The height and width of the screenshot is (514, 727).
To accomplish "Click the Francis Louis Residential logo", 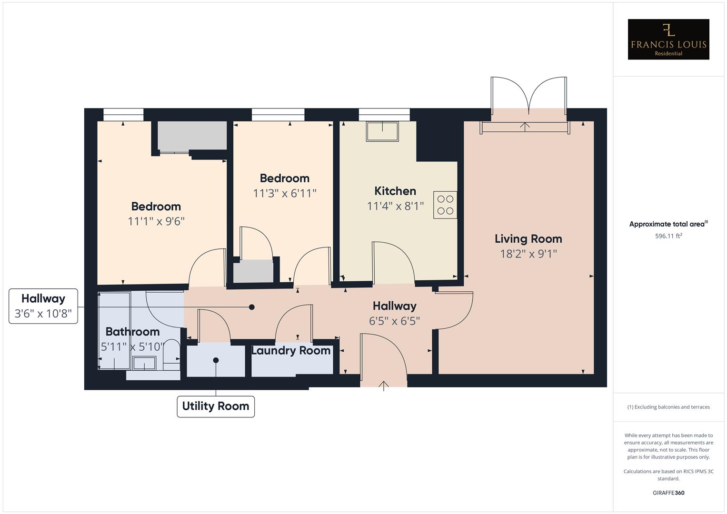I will click(668, 40).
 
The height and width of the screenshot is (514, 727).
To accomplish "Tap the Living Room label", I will click(528, 239).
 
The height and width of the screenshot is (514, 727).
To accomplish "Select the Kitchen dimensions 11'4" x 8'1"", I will click(395, 206).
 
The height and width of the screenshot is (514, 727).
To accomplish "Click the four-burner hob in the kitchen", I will click(445, 205).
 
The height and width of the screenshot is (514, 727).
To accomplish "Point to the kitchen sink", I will click(382, 131).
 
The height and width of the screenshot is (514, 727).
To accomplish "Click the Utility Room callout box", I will click(216, 406).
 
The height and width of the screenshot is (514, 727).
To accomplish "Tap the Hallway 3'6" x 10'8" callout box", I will click(43, 306).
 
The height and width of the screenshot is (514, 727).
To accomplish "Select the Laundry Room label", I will click(291, 351).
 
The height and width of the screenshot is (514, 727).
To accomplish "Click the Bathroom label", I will click(132, 332).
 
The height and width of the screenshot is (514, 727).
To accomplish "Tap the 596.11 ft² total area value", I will click(668, 236).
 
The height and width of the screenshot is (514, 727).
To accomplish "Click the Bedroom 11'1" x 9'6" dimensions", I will click(156, 221).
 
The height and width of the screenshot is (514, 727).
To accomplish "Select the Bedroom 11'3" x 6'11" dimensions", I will click(285, 193).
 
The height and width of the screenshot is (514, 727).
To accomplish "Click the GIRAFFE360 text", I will click(668, 493).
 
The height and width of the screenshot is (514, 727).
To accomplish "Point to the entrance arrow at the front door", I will click(384, 385).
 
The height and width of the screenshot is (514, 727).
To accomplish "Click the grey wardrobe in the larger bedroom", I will click(192, 136).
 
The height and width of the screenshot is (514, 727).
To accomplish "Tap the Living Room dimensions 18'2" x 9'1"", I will click(528, 254).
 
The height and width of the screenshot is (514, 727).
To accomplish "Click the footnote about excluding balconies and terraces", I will click(668, 407).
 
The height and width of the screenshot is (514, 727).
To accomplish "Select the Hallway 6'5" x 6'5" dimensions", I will click(394, 321).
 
